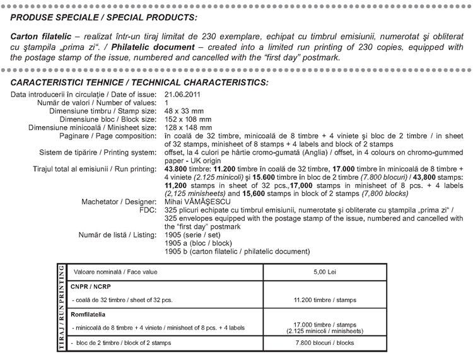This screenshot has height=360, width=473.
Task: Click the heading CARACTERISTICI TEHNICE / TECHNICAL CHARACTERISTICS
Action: (x=139, y=83)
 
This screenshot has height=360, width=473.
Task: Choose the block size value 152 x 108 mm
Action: (x=189, y=119)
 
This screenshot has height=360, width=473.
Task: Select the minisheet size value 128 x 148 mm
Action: (x=189, y=127)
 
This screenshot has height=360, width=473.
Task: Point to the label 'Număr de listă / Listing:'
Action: (x=117, y=235)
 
